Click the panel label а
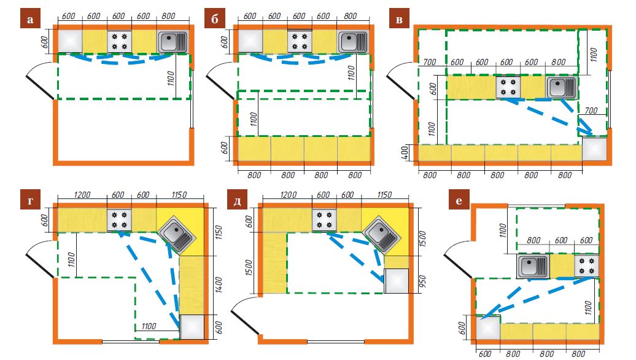pyautogui.click(x=30, y=20)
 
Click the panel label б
pyautogui.click(x=214, y=20)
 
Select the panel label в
pyautogui.click(x=400, y=20)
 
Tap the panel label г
pyautogui.click(x=30, y=200)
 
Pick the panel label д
pyautogui.click(x=238, y=200)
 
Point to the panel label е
pyautogui.click(x=458, y=200)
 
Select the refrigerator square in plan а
pyautogui.click(x=70, y=42)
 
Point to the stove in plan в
pyautogui.click(x=508, y=87)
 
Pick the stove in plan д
pyautogui.click(x=324, y=220)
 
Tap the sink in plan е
pyautogui.click(x=532, y=266)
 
